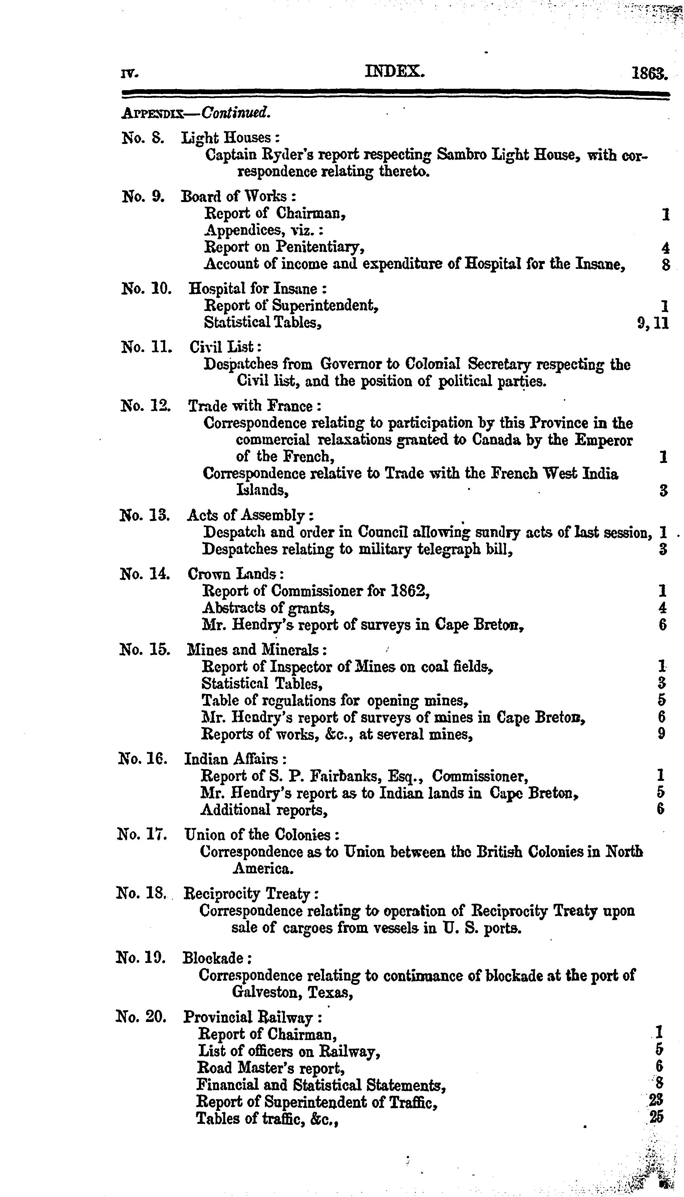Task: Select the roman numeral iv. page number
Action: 129,74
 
